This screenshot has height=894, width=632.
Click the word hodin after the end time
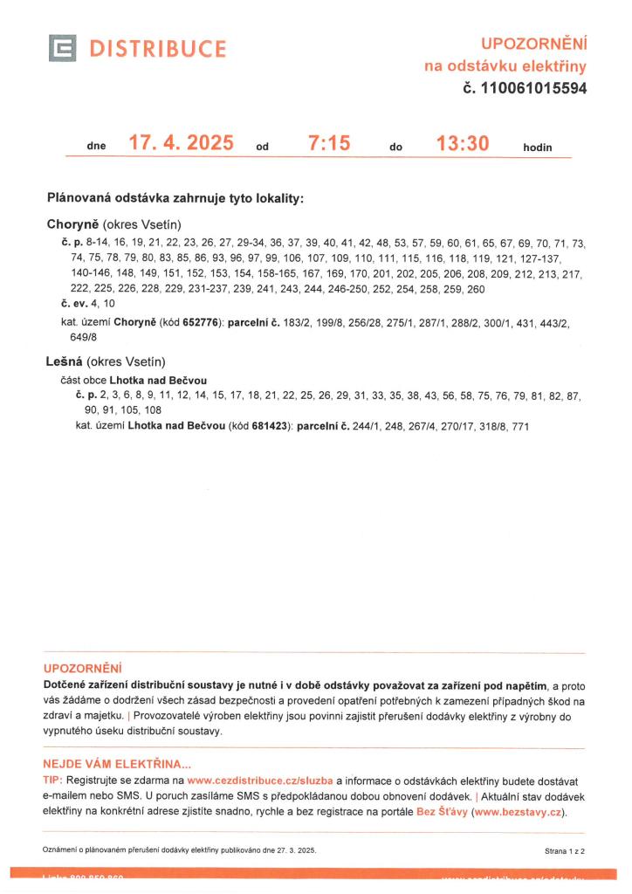pyautogui.click(x=538, y=148)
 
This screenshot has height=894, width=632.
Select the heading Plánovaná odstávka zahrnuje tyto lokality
pyautogui.click(x=175, y=198)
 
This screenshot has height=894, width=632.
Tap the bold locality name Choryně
pyautogui.click(x=73, y=223)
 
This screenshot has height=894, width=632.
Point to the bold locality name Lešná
pyautogui.click(x=64, y=361)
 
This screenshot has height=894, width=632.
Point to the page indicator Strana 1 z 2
pyautogui.click(x=564, y=849)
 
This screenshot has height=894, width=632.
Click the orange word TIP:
pyautogui.click(x=52, y=780)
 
